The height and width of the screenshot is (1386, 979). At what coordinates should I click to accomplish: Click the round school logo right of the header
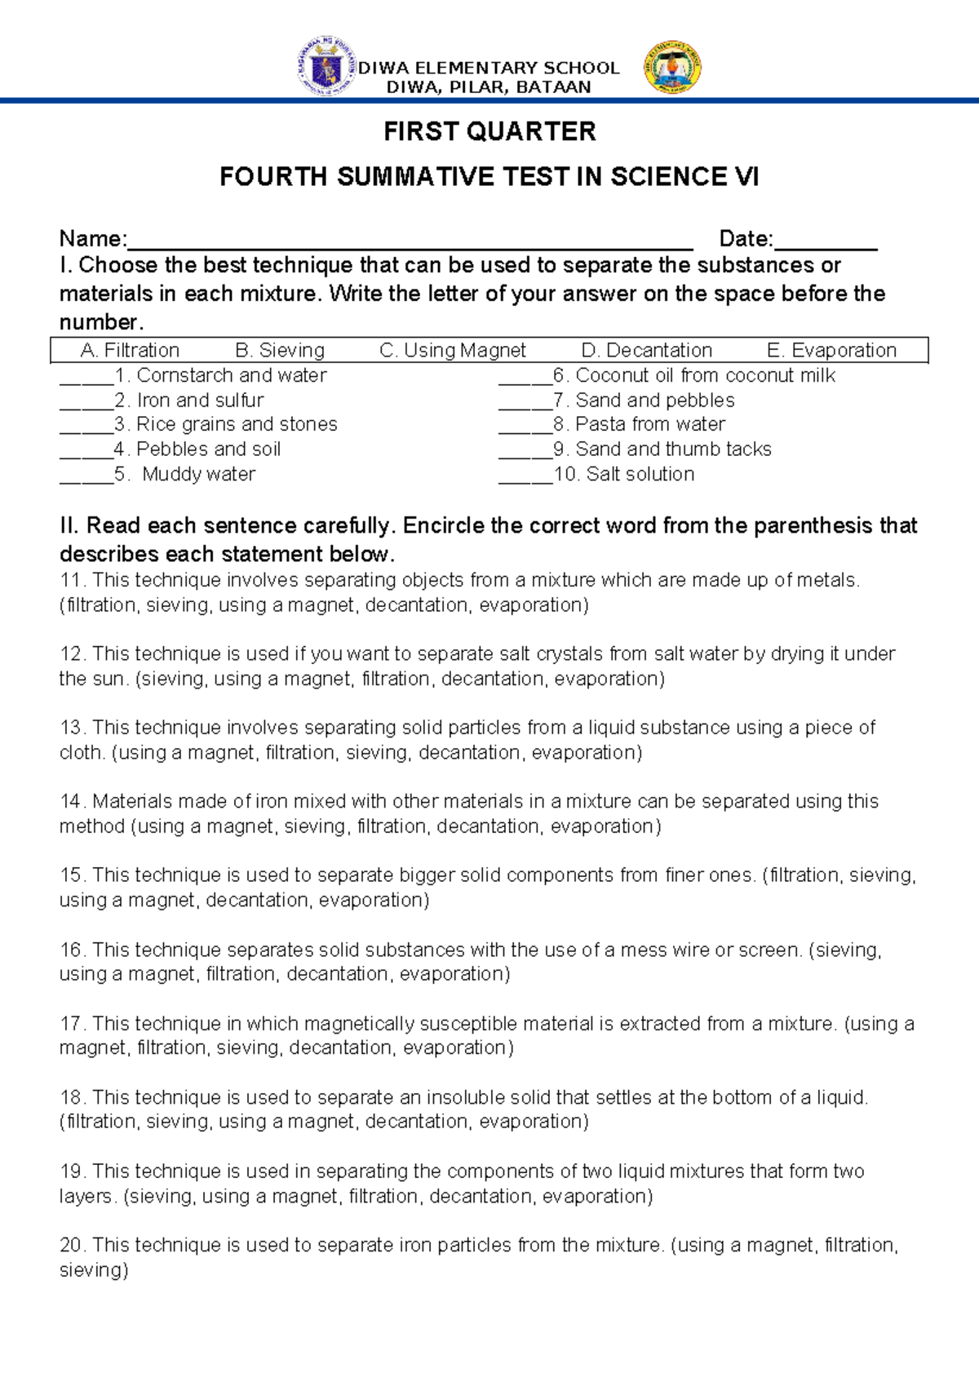pos(672,68)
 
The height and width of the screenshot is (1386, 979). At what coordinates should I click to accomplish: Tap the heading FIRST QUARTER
pos(489,131)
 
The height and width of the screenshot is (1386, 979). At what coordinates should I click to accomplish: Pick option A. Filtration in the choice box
pos(130,351)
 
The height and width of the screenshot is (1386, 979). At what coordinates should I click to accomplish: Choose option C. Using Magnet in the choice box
pos(453,351)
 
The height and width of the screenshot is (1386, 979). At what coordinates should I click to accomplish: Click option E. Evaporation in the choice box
pos(831,351)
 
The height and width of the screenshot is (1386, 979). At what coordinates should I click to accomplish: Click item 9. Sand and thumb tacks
pos(672,449)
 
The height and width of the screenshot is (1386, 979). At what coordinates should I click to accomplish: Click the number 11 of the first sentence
pos(71,580)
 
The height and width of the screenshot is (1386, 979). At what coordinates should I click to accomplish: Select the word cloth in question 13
pos(80,752)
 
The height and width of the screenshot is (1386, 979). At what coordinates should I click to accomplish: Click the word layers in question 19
pos(86,1196)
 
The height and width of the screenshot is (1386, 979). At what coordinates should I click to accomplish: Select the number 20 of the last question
pos(71,1245)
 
